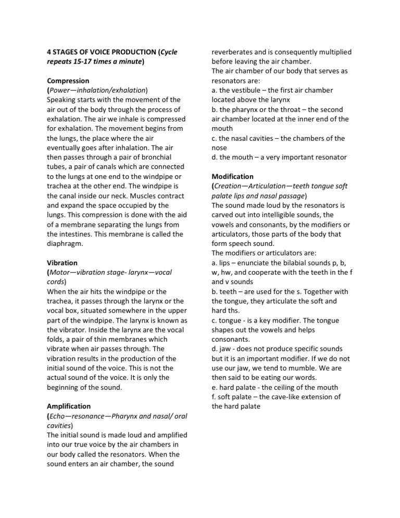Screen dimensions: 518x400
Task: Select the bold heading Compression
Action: [68, 81]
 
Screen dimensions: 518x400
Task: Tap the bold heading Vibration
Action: [62, 263]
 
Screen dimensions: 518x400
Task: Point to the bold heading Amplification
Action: [69, 405]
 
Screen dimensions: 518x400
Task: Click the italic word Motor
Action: [60, 273]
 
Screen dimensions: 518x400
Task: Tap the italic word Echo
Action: [58, 415]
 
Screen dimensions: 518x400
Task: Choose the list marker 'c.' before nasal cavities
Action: [215, 138]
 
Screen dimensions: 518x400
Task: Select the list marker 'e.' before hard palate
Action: [215, 387]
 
